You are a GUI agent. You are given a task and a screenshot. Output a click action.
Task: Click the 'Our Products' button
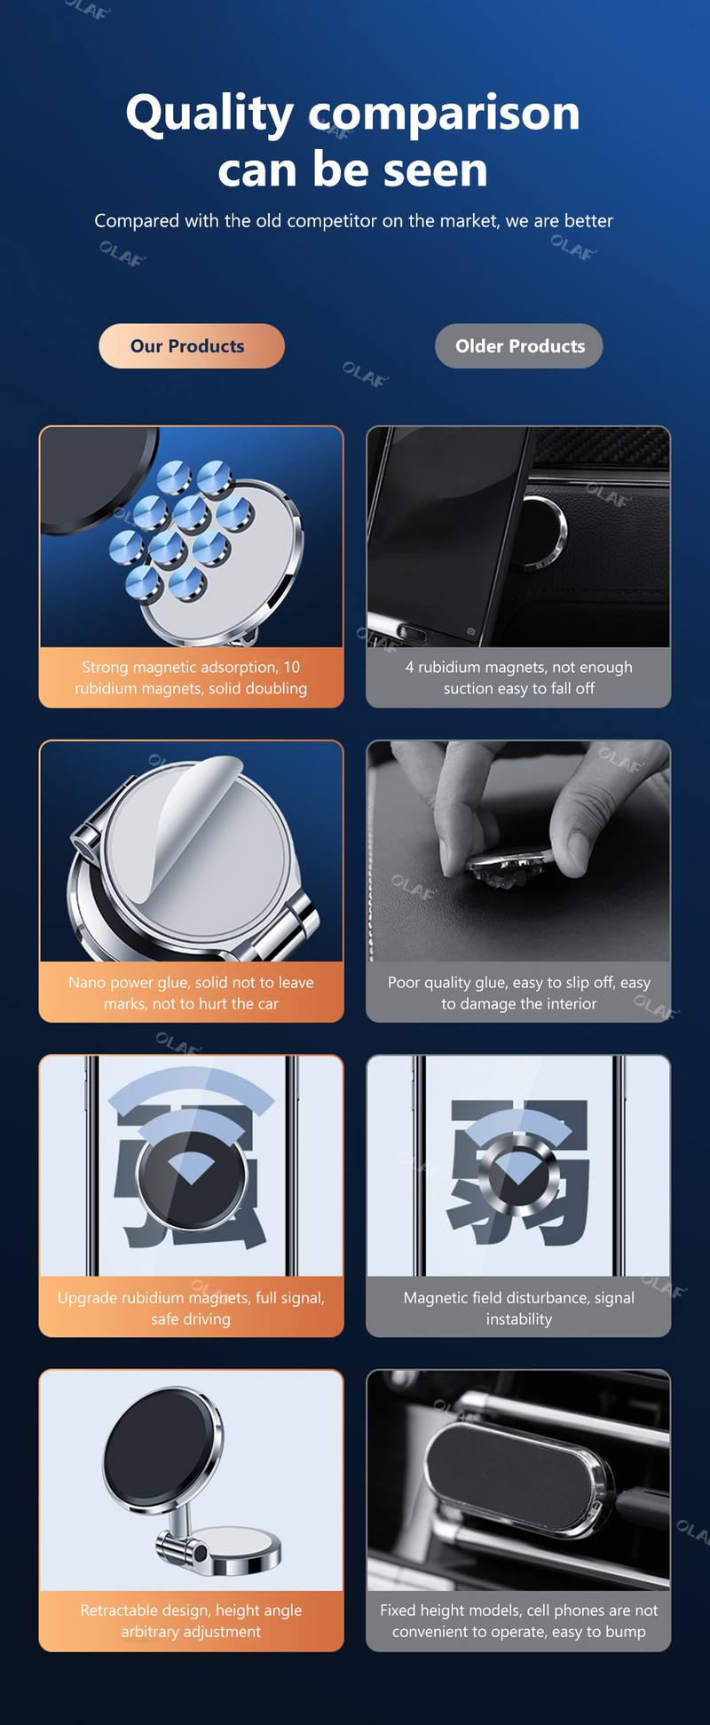coord(192,346)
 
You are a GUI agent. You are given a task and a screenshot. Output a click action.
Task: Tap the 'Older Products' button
coord(519,346)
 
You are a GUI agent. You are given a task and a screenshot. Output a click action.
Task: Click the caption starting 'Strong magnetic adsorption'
coord(191,677)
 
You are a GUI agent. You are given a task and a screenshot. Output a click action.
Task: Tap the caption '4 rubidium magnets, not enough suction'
coord(519,677)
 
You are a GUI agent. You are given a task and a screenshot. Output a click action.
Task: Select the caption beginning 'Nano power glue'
coord(191,993)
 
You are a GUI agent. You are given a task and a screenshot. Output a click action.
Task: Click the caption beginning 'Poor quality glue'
coord(519,993)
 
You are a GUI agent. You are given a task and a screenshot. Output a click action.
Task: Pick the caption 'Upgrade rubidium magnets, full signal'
coord(191,1308)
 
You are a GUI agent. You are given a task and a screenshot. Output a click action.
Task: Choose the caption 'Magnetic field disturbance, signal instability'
coord(519,1308)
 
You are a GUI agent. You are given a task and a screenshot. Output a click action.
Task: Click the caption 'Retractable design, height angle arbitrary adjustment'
coord(191,1620)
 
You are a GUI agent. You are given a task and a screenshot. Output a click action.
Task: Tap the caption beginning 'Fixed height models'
coord(519,1620)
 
